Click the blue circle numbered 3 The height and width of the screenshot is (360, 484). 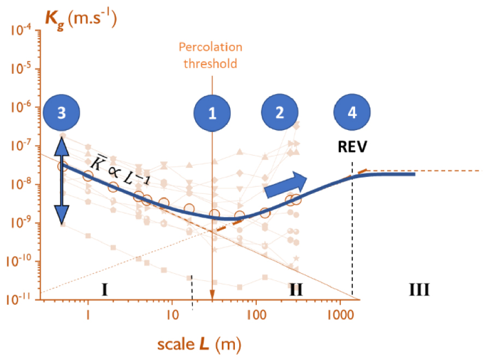(x=61, y=113)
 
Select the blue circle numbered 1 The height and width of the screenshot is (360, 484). (x=212, y=113)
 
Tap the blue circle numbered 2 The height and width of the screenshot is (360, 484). (x=280, y=112)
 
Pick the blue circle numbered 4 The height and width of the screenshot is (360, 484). (x=352, y=112)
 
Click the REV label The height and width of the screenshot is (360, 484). (x=352, y=146)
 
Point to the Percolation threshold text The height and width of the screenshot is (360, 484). (x=210, y=55)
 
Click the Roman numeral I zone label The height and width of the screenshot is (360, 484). (x=105, y=290)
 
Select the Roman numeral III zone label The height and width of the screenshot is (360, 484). (x=419, y=290)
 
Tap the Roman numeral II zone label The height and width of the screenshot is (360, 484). (x=296, y=290)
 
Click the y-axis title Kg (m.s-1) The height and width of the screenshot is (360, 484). (x=81, y=20)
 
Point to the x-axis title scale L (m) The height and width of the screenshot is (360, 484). (x=199, y=344)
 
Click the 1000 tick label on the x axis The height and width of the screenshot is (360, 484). (x=340, y=315)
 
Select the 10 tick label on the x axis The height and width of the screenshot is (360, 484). (x=172, y=315)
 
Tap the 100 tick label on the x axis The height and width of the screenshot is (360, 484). (x=256, y=315)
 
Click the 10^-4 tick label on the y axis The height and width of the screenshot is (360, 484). (x=21, y=30)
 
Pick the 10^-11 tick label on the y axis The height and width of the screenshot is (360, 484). (x=19, y=299)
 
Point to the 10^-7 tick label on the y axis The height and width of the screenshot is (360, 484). (x=21, y=145)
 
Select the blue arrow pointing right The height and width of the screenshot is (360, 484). (x=286, y=185)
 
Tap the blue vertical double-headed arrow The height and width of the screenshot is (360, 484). (x=62, y=181)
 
